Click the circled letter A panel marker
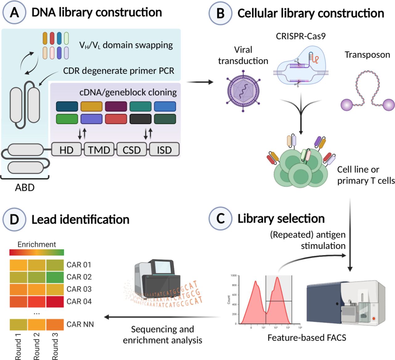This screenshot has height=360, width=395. point(14,13)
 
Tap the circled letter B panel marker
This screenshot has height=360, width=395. point(220,13)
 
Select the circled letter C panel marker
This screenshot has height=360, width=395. point(220,218)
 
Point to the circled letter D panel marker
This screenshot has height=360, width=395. point(14,219)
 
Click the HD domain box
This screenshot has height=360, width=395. point(66,150)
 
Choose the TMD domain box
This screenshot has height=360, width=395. point(99,150)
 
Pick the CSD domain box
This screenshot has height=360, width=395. point(132,150)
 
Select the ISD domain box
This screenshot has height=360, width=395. point(164,150)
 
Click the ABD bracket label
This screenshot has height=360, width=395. point(25,187)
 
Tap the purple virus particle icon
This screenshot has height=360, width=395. point(243,91)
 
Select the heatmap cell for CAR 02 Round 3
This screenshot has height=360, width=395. point(55,277)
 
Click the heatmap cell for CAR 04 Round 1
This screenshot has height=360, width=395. point(19,301)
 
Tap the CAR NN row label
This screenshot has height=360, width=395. point(80,324)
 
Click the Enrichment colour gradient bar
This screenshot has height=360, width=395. point(37,252)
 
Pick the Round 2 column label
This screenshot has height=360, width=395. point(37,346)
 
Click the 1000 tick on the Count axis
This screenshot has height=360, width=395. point(233,275)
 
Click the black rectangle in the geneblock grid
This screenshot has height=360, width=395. point(140,119)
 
